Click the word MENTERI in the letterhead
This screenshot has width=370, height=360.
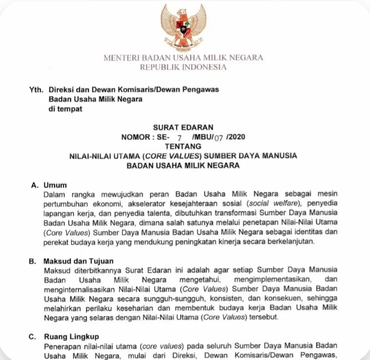click(x=121, y=58)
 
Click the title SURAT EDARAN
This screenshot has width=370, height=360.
click(x=183, y=128)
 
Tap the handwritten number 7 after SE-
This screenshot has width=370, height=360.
click(x=179, y=138)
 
